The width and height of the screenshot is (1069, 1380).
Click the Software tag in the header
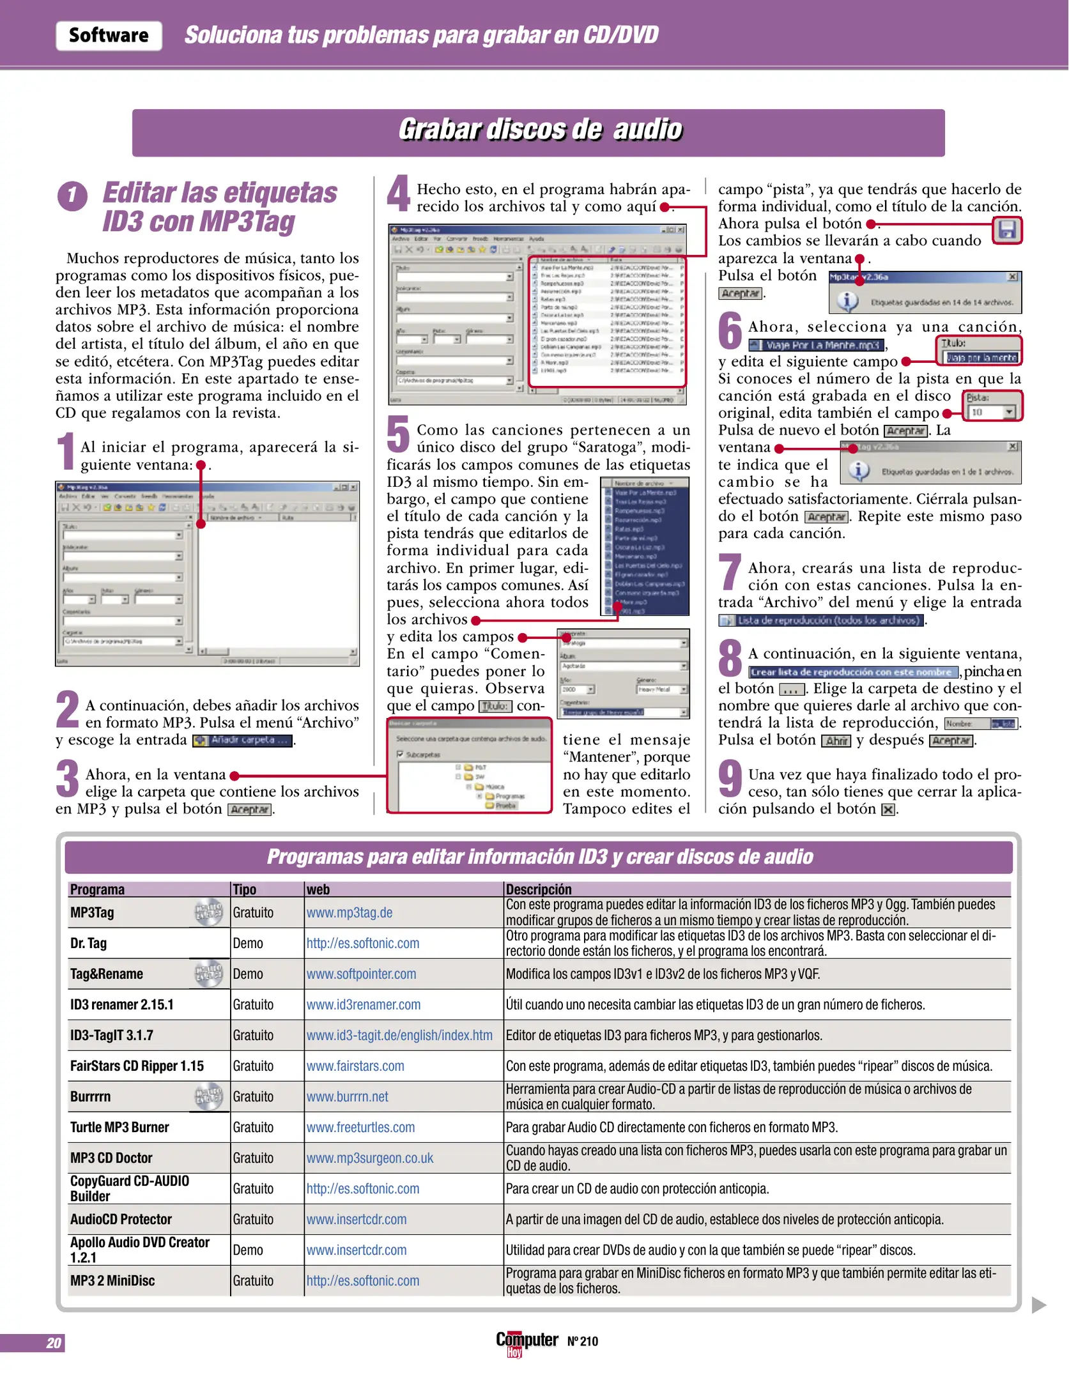point(109,36)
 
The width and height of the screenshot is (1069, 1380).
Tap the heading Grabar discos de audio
point(540,130)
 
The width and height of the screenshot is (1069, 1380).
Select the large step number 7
point(730,572)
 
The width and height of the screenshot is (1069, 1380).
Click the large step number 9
point(730,778)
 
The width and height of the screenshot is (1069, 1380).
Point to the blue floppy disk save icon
point(1007,230)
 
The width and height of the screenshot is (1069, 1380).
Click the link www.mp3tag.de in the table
point(349,912)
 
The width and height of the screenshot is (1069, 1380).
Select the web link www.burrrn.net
point(347,1096)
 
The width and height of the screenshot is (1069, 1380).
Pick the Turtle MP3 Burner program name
point(119,1127)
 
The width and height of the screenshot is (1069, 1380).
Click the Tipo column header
point(245,889)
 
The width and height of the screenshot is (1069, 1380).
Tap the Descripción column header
point(539,889)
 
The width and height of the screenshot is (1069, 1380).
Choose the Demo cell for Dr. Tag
point(248,943)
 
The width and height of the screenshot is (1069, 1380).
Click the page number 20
point(54,1343)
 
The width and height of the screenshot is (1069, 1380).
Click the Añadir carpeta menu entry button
point(243,740)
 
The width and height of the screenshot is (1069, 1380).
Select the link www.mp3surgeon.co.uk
point(369,1158)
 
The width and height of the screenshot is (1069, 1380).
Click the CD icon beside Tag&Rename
point(208,974)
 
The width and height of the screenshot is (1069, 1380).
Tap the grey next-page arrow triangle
point(1039,1305)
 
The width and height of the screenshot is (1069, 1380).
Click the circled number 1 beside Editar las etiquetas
point(72,197)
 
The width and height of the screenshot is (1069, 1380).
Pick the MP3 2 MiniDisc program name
point(112,1280)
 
